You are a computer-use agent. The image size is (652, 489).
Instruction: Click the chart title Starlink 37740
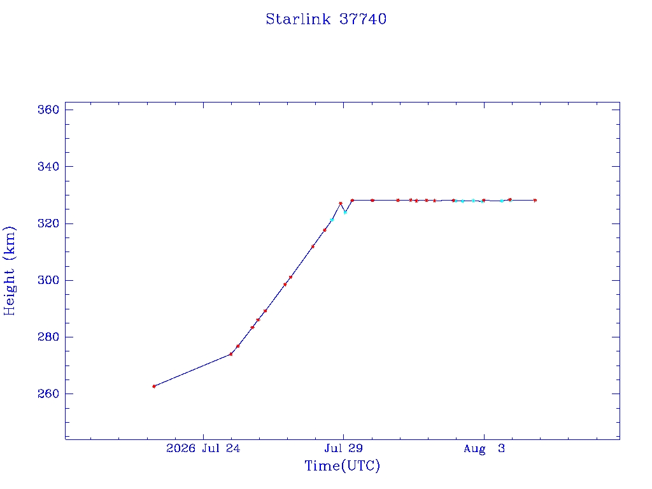tap(326, 19)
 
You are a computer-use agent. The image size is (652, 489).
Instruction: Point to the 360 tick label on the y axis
tap(48, 110)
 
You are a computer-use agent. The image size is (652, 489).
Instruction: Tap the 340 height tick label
tap(48, 167)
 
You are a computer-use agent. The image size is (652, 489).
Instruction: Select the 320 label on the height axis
tap(48, 223)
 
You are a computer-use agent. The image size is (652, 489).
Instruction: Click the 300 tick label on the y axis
tap(48, 280)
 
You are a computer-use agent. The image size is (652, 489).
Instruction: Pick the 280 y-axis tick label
tap(48, 337)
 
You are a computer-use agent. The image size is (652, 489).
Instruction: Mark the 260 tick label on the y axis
tap(48, 393)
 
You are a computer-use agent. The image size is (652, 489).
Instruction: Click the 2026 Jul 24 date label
tap(203, 448)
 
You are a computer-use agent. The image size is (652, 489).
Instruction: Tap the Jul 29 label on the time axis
tap(343, 448)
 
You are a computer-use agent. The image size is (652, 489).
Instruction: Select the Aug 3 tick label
tap(484, 448)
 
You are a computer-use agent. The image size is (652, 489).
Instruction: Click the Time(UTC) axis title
tap(342, 465)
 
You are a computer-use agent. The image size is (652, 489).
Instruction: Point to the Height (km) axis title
tap(9, 271)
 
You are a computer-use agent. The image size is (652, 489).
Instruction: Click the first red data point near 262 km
tap(154, 386)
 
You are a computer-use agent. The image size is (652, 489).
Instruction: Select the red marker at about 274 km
tap(230, 354)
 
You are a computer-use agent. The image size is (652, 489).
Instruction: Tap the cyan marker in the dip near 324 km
tap(345, 213)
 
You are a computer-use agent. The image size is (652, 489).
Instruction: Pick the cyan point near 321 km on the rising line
tap(332, 220)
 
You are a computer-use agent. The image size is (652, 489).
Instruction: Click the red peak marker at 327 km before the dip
tap(341, 203)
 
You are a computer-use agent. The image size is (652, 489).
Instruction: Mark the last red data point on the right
tap(535, 201)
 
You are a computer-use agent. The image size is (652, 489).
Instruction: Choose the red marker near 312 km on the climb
tap(313, 246)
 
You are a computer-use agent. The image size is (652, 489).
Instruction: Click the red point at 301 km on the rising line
tap(290, 278)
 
